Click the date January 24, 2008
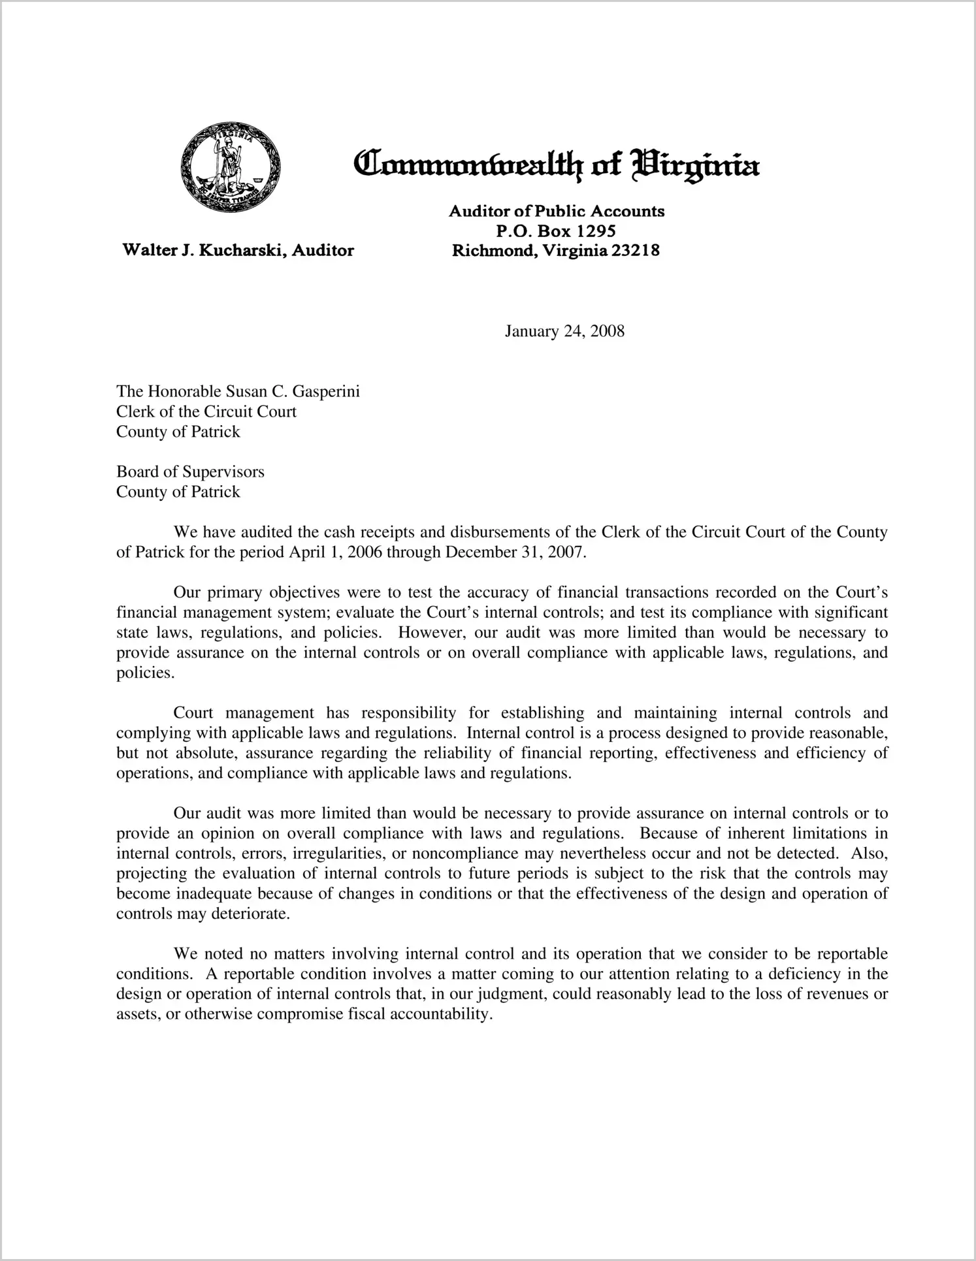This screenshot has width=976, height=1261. tap(564, 331)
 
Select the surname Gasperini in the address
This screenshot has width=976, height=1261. tap(324, 391)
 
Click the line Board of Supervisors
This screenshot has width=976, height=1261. tap(190, 471)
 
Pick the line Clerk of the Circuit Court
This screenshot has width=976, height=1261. tap(206, 411)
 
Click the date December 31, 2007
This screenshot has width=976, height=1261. tap(513, 552)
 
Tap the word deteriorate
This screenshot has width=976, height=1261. tap(250, 914)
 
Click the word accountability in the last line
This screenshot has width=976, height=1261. tap(439, 1014)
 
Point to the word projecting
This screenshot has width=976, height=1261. tap(151, 874)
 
